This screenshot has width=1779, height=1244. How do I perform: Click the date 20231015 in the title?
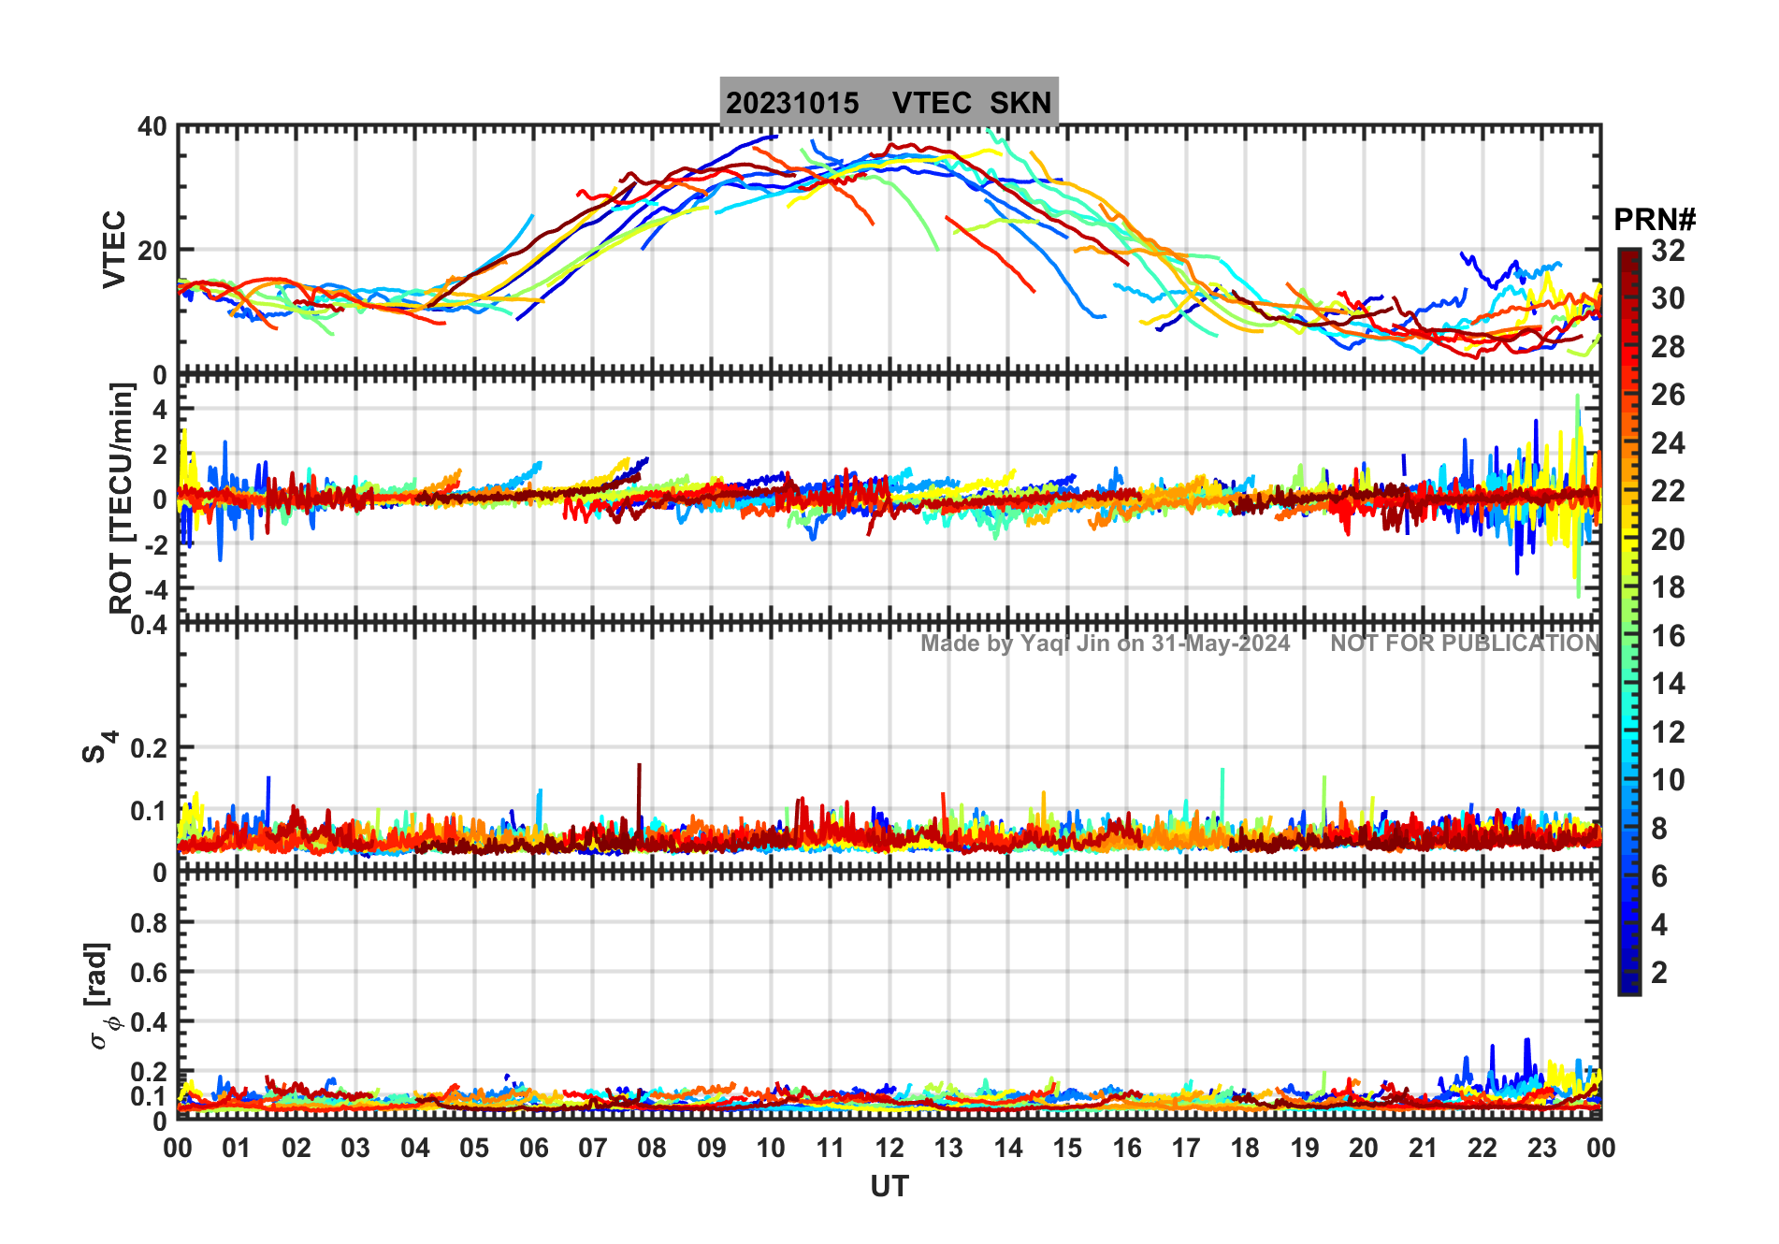coord(792,103)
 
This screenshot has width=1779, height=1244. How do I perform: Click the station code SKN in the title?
coord(1020,103)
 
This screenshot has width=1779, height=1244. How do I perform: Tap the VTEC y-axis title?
coord(114,249)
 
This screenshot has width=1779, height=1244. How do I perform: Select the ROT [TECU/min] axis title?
coord(122,498)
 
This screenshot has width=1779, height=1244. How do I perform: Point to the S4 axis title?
coord(97,747)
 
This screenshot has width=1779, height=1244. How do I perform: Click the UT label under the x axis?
coord(889,1186)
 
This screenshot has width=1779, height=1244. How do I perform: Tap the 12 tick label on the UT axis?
coord(889,1148)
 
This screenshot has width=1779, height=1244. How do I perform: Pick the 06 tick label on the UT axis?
coord(533,1148)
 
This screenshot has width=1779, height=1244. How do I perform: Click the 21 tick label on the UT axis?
coord(1423,1148)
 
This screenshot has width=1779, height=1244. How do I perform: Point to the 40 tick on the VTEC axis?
coord(152,126)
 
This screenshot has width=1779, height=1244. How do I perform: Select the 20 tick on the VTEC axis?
coord(152,251)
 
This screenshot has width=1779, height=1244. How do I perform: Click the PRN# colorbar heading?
coord(1654,220)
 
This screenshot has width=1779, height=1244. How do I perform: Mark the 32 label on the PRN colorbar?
coord(1668,251)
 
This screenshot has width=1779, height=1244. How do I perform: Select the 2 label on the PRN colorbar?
coord(1659,973)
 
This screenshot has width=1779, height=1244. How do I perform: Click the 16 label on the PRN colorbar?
coord(1668,636)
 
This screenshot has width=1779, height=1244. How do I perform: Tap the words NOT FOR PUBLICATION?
coord(1465,644)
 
